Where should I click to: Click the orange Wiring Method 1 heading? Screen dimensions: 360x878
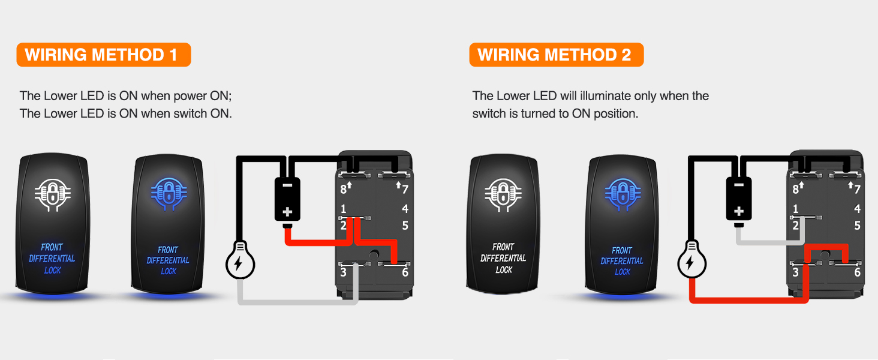[x=103, y=55]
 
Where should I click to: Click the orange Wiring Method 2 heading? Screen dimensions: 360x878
[x=556, y=55]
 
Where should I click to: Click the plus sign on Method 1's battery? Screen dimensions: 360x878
[x=287, y=212]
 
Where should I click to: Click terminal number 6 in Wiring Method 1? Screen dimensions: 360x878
[x=405, y=272]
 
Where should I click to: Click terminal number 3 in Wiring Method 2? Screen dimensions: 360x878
[x=795, y=272]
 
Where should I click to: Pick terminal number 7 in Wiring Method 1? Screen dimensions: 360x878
[x=405, y=190]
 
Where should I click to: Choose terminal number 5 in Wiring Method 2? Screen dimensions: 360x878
[x=857, y=226]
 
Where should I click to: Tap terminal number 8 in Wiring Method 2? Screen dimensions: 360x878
[x=795, y=190]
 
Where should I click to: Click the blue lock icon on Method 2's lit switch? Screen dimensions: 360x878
[x=621, y=193]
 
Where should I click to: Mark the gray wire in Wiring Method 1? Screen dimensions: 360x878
[x=300, y=301]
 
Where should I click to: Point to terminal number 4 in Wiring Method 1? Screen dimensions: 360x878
[x=405, y=209]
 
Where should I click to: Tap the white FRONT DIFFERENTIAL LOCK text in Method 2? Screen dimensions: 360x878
[x=503, y=258]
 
